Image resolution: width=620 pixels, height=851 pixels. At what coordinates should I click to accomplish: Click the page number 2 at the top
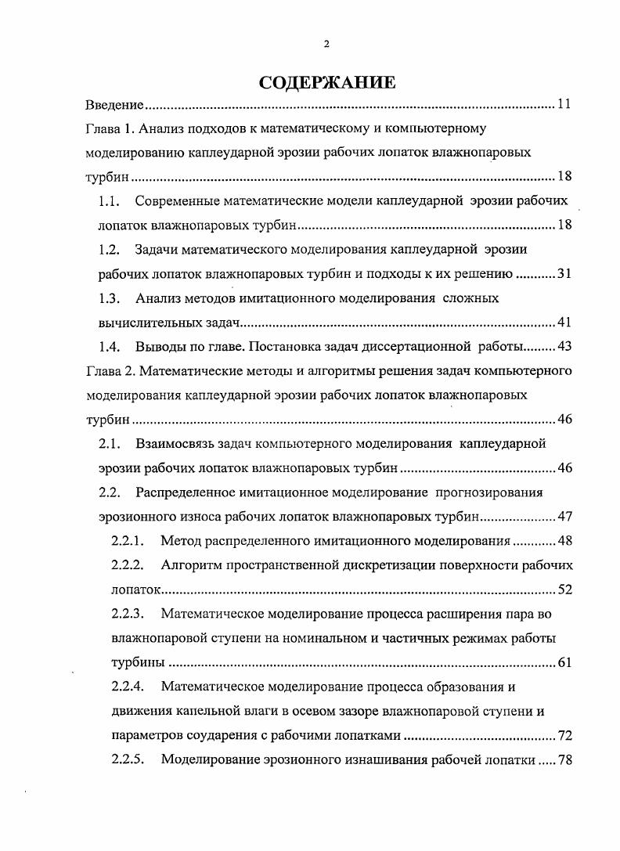326,44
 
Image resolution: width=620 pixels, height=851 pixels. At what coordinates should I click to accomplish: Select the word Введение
114,105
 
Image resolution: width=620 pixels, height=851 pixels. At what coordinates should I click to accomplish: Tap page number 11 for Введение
564,105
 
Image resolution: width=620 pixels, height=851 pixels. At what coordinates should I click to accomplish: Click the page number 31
564,274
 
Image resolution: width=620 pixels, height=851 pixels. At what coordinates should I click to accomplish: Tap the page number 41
564,323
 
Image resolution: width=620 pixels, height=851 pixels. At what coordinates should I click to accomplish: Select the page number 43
564,346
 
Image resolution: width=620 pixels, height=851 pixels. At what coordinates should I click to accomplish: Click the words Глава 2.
110,370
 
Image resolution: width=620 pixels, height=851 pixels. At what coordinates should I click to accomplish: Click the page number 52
564,589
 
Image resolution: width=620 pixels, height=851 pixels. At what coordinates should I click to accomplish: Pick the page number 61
564,662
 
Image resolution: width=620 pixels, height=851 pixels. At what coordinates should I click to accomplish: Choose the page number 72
564,735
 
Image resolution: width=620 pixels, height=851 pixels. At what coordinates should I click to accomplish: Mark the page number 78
564,759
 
